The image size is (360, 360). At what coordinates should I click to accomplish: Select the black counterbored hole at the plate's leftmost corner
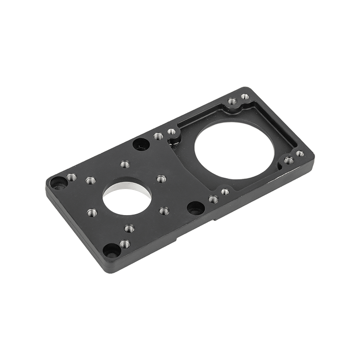(57, 183)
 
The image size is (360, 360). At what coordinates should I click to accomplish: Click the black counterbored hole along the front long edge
(194, 208)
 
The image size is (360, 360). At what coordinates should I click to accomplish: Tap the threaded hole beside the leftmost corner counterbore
(70, 177)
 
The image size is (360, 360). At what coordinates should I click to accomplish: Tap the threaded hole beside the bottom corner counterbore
(125, 244)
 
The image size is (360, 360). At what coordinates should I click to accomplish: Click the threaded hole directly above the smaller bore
(125, 165)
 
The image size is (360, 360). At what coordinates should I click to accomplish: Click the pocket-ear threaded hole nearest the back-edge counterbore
(171, 132)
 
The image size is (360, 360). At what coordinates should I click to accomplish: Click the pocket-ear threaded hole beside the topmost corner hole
(232, 102)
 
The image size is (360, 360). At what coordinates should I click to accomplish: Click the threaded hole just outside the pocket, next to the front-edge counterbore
(212, 198)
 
